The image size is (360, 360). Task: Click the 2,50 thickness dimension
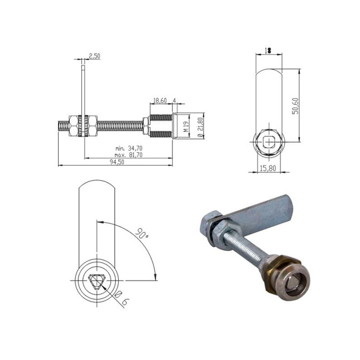coord(94,56)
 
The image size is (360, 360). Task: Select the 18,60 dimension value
coord(160,101)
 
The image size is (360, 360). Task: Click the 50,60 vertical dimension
coord(296,104)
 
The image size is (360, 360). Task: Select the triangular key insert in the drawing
coord(96,282)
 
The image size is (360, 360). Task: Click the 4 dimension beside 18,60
coord(174,101)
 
